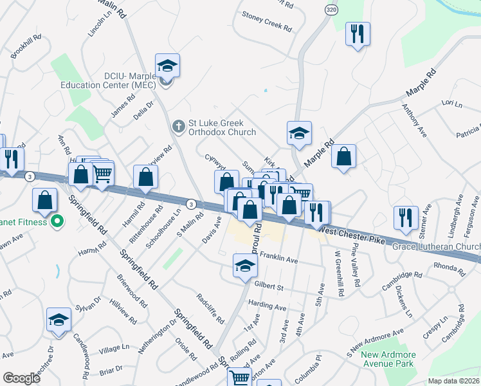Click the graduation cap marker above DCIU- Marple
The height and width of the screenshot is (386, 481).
pos(167,66)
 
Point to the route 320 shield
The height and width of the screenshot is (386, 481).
pos(331,10)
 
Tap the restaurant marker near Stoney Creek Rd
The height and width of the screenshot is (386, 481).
pos(358,33)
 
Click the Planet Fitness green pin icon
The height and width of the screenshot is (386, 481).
pos(57,222)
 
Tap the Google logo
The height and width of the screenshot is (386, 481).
pos(21,378)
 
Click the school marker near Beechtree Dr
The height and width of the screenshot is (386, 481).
pos(59,320)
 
